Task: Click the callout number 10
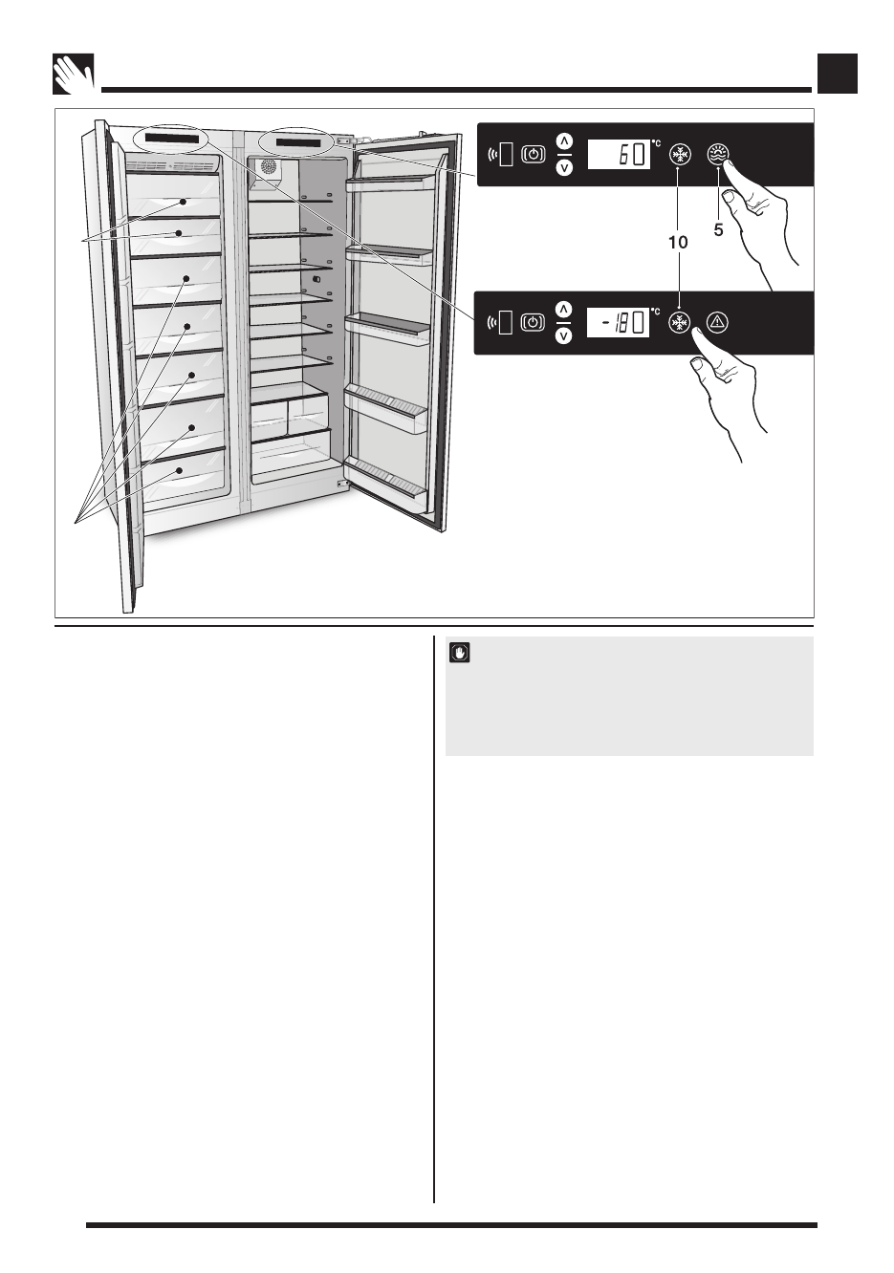coord(677,243)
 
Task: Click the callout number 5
coord(718,229)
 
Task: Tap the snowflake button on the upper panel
coord(680,155)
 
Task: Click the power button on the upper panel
coord(534,155)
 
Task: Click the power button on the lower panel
coord(534,323)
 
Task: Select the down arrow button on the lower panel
coord(564,336)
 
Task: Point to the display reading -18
coord(618,323)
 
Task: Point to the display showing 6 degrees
coord(619,155)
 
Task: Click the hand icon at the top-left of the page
coord(73,74)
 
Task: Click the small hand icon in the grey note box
coord(460,653)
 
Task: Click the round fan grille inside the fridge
coord(269,167)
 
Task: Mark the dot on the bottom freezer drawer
coord(179,471)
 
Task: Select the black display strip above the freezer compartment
coord(172,140)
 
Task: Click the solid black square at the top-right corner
coord(837,74)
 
